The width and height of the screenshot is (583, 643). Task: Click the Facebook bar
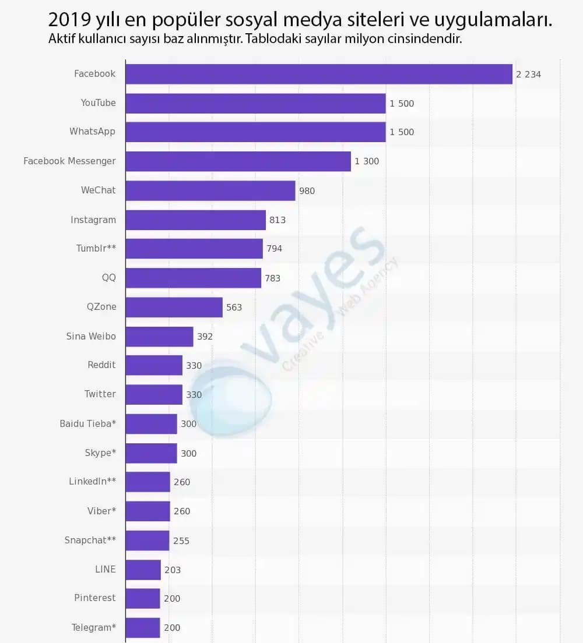coord(319,74)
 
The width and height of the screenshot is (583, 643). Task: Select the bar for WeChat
coord(210,190)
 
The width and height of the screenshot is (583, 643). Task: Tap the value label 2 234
coord(528,74)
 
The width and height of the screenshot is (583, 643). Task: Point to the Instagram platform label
coord(93,220)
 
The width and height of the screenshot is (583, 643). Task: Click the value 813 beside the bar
coord(278,220)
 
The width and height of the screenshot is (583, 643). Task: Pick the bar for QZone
coord(174,307)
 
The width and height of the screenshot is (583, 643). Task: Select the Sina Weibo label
coord(91,336)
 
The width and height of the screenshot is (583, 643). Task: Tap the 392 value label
coord(205,337)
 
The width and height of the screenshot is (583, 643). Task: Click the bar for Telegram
coord(143,627)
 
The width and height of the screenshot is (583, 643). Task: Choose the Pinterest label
coord(95,598)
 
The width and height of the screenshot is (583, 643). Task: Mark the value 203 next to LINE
coord(173,570)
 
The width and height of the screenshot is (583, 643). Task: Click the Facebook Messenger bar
coord(238,161)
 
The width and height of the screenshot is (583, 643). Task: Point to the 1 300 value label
coord(367,161)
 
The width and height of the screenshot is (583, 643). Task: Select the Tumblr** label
coord(96,249)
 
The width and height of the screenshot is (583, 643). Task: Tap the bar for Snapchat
coord(147,540)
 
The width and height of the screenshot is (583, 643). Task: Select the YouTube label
coord(99,103)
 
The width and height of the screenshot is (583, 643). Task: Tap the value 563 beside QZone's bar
coord(234,308)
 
